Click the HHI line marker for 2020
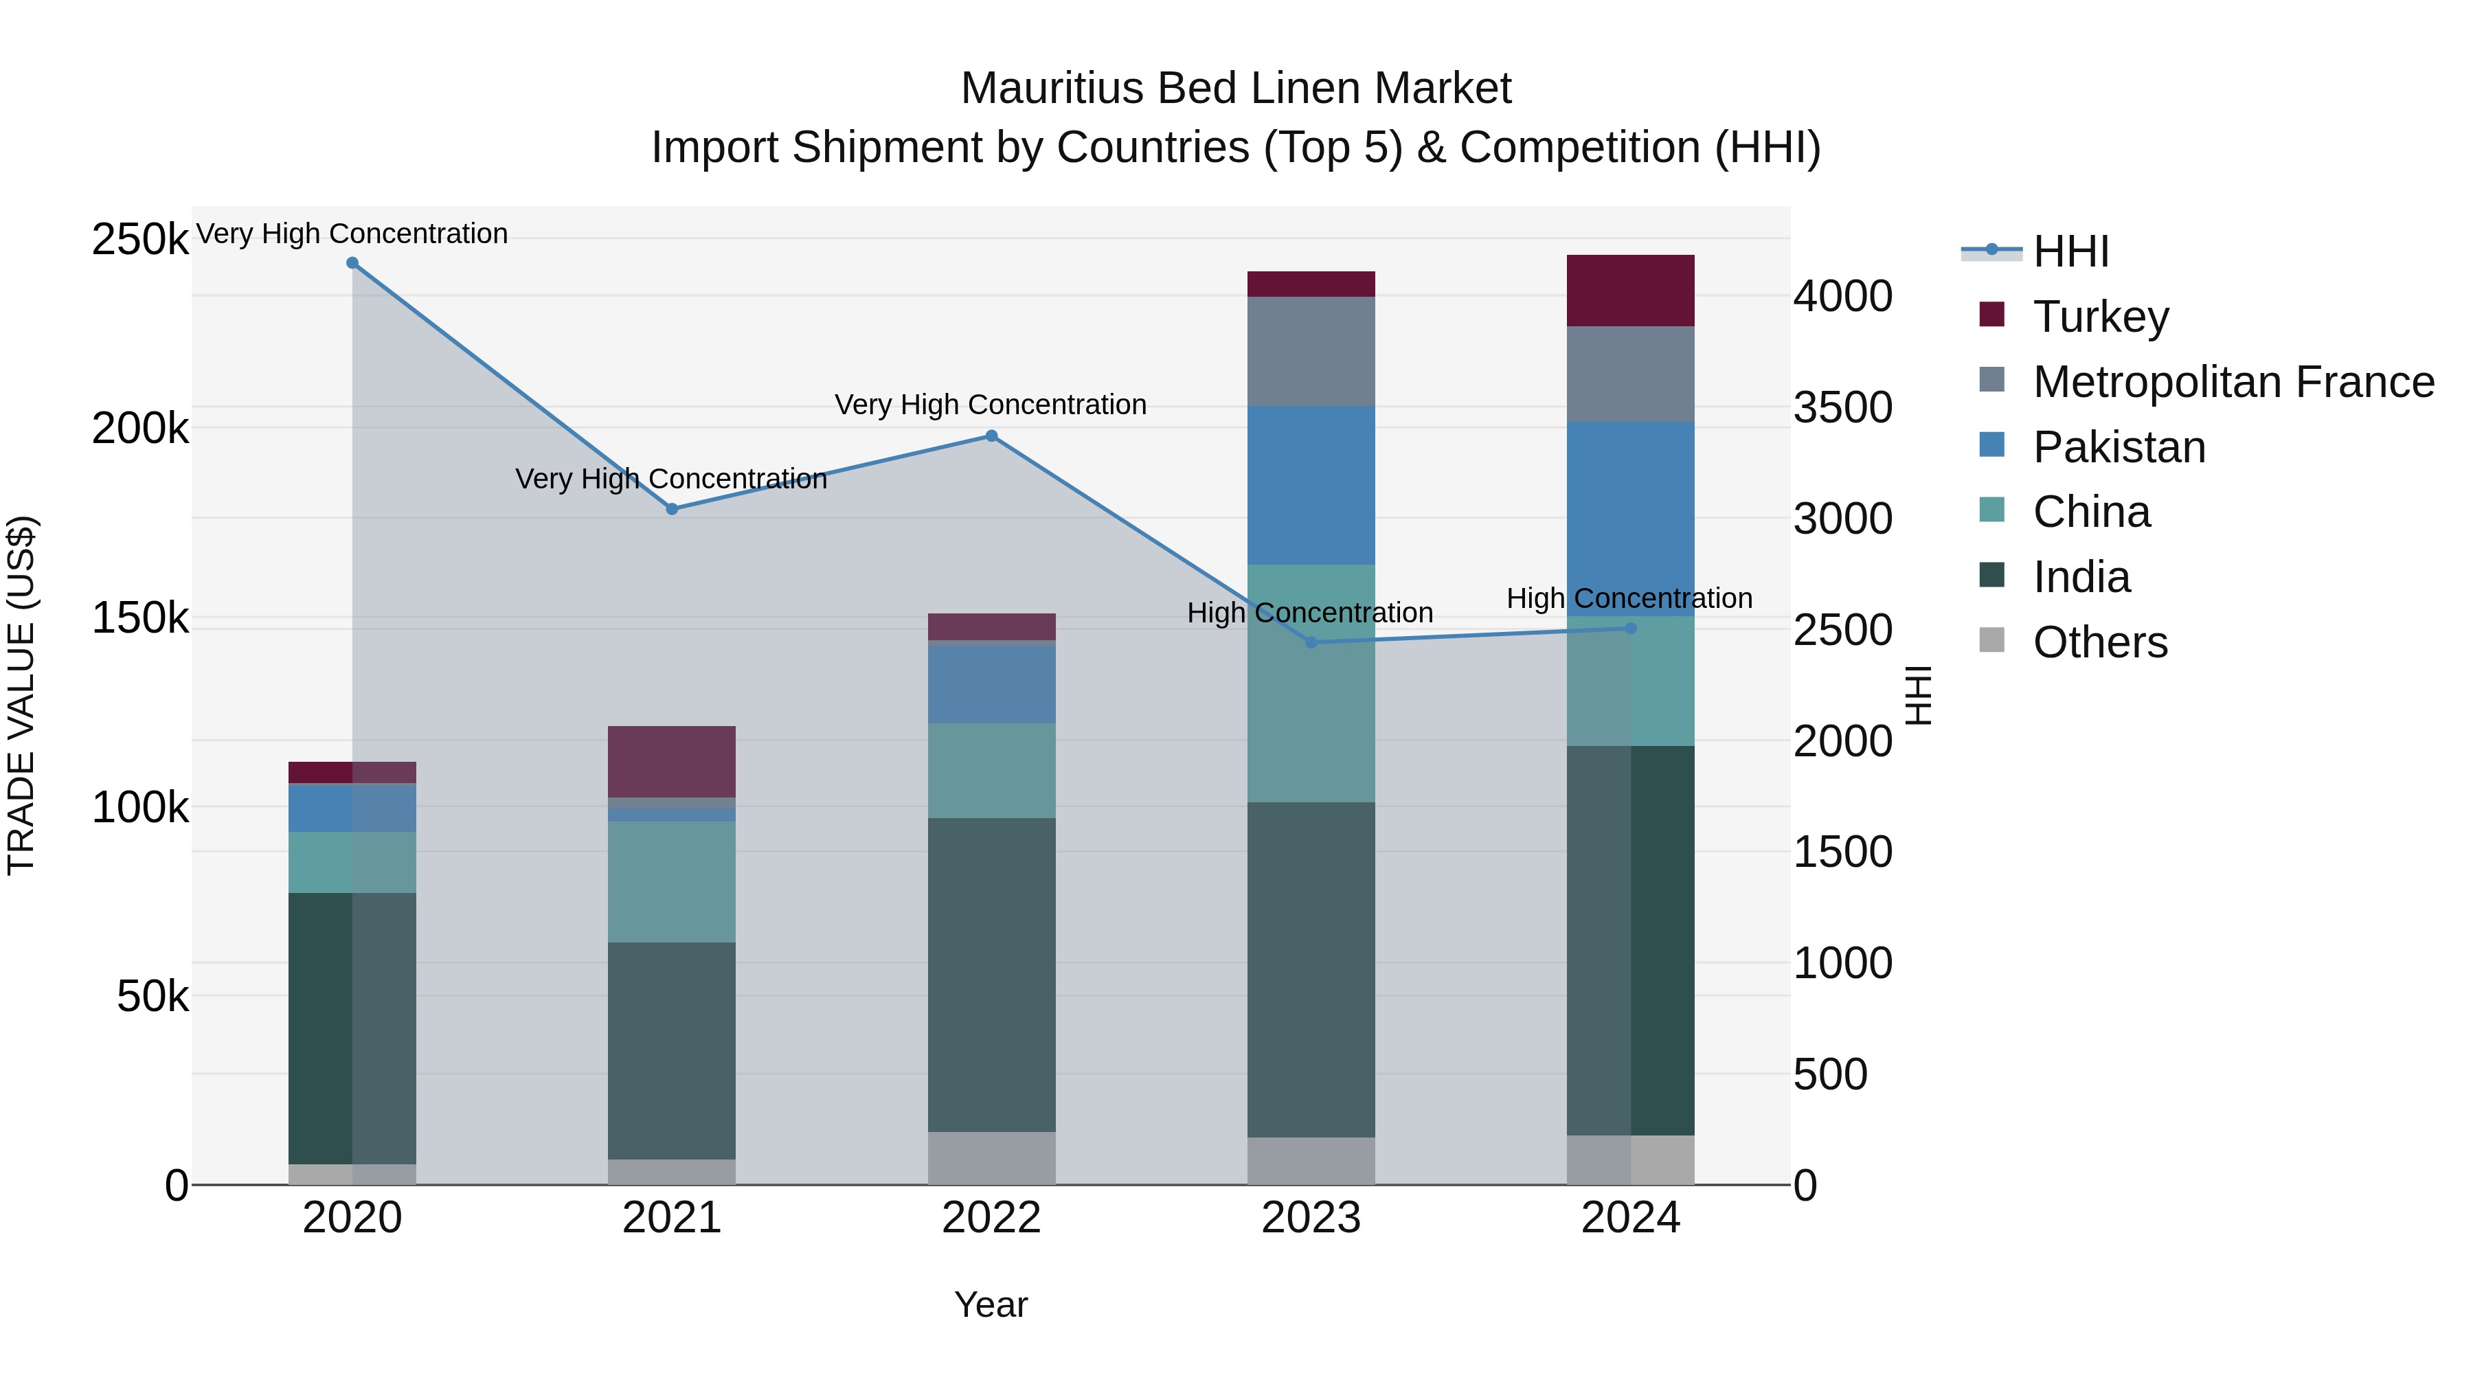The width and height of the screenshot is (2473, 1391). [x=352, y=263]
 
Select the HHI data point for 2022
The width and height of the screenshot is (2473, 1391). [x=992, y=436]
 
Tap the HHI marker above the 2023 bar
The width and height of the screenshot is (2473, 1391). [x=1311, y=642]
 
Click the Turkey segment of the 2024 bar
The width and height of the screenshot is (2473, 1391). [x=1630, y=291]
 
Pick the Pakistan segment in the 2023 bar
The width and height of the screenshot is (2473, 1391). [x=1311, y=485]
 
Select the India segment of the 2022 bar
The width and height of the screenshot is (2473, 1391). [x=992, y=974]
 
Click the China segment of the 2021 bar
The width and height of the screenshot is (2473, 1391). [x=672, y=881]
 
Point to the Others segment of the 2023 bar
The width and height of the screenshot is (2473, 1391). [x=1311, y=1161]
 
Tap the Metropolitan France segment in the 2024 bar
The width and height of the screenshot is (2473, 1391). [x=1630, y=374]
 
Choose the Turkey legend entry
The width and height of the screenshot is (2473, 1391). [x=2101, y=317]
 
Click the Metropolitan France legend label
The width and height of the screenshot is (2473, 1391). [x=2233, y=382]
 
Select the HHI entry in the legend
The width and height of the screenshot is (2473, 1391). [x=2070, y=251]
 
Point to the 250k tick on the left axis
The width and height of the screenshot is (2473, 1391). [x=140, y=239]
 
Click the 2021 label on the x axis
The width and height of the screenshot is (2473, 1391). [x=672, y=1218]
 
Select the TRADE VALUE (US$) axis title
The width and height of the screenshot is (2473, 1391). [x=21, y=695]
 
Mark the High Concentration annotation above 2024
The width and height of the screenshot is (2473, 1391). [x=1629, y=598]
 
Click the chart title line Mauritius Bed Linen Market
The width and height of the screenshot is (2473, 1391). [x=1236, y=89]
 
